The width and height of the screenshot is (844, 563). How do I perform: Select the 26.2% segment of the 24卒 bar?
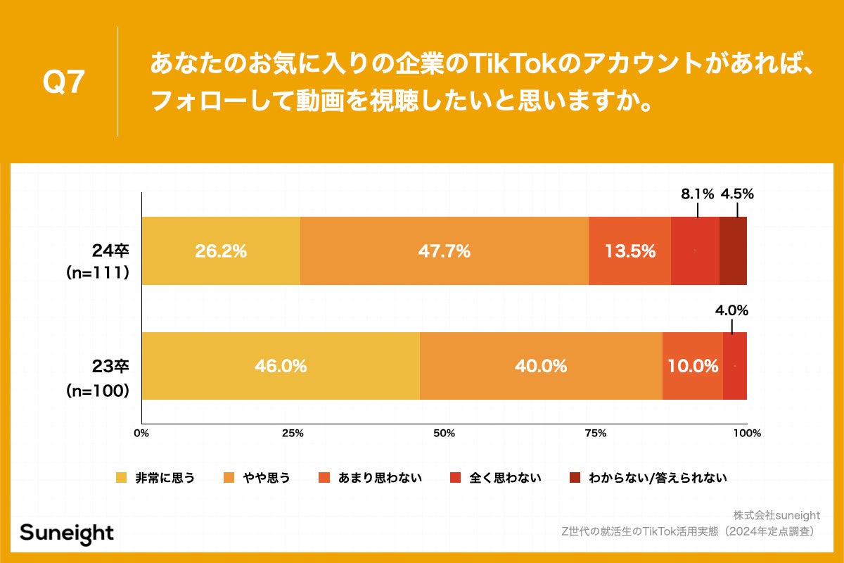coord(221,251)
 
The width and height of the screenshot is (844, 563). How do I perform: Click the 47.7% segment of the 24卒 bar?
coord(444,251)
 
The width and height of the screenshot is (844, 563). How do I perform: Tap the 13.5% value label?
coord(629,251)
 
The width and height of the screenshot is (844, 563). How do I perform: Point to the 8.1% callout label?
coord(697,194)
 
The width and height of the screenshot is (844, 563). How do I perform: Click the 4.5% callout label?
coord(737,194)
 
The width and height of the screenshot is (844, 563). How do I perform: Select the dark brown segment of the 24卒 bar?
coord(733,251)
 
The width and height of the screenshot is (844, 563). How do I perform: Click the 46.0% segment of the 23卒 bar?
coord(281,366)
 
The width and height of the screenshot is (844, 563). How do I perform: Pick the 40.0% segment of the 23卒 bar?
coord(541,366)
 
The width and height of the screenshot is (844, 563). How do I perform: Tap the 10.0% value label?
coord(693,366)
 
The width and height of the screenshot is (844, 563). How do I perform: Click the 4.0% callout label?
coord(731,310)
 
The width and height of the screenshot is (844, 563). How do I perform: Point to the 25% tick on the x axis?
coord(293,433)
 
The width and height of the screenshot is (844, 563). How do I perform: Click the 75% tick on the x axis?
coord(595,433)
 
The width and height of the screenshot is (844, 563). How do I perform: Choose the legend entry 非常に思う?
coord(156,478)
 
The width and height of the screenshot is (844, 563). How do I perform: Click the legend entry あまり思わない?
coord(370,478)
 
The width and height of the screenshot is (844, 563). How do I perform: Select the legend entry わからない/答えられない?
coord(648,478)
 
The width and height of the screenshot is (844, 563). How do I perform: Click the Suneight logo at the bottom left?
coord(67,533)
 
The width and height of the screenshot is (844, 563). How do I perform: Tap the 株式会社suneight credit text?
coord(776,515)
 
